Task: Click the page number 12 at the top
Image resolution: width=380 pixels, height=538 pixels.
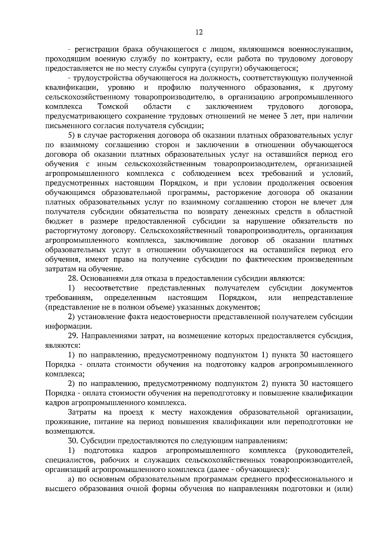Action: click(x=199, y=32)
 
